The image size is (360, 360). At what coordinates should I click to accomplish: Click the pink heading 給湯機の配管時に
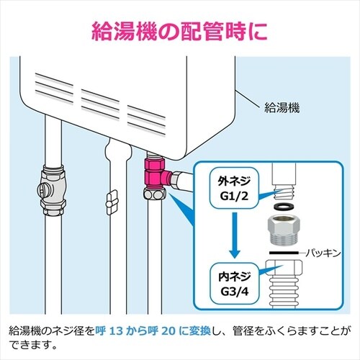(x=179, y=32)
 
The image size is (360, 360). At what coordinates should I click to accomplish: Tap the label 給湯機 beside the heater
(x=282, y=108)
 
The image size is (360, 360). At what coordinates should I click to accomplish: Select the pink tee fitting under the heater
(x=157, y=172)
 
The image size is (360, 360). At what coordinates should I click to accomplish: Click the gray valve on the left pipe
(x=52, y=189)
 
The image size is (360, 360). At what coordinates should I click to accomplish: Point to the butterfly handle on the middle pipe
(x=112, y=202)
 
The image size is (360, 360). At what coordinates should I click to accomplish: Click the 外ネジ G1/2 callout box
(x=235, y=188)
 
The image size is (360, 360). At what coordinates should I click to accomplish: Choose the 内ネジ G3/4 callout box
(x=235, y=284)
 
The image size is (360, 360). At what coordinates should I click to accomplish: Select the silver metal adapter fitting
(x=284, y=229)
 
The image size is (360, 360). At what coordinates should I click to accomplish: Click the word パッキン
(x=323, y=253)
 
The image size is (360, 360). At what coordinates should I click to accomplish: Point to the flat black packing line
(x=284, y=253)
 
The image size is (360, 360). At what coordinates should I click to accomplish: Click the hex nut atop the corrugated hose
(x=284, y=269)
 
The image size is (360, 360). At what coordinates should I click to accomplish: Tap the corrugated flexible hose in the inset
(x=284, y=292)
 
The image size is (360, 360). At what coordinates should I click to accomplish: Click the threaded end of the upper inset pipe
(x=284, y=192)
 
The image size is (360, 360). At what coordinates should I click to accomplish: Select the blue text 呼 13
(x=109, y=331)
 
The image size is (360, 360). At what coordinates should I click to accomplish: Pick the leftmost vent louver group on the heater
(x=54, y=88)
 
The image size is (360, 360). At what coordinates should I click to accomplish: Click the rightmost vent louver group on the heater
(x=146, y=120)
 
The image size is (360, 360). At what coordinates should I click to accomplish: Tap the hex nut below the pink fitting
(x=155, y=193)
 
